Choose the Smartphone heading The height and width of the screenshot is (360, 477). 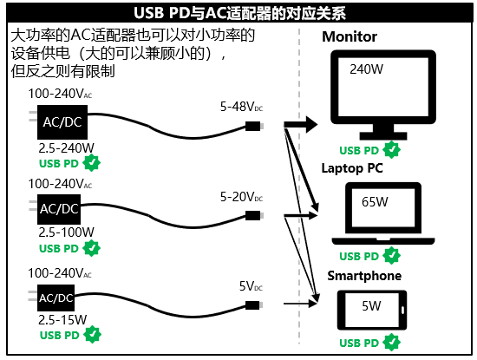coord(364,276)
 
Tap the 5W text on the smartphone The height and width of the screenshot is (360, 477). coord(370,305)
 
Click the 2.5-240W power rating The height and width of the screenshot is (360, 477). coord(67,147)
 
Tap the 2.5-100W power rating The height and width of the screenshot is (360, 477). coord(67,232)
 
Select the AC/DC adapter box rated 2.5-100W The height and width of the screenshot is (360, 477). coord(60,209)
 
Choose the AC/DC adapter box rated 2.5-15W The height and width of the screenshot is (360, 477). coord(57,298)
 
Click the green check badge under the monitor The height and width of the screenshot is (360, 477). coord(392,149)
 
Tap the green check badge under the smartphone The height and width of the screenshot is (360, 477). coord(392,344)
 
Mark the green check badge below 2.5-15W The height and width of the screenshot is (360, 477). coord(92,335)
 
